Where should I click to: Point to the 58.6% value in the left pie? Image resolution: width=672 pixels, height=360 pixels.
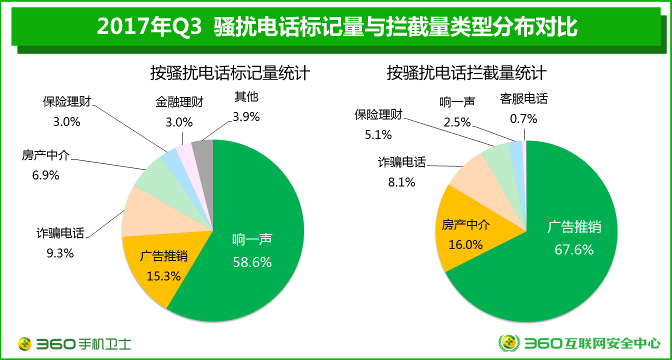tap(252, 261)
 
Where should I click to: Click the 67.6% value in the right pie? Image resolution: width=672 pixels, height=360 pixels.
tap(574, 249)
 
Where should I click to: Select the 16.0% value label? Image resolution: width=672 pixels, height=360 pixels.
tap(465, 244)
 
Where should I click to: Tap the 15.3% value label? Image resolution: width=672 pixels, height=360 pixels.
tap(163, 275)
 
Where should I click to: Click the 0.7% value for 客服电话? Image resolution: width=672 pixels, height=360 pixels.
tap(523, 118)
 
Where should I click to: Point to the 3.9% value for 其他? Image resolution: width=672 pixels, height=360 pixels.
tap(246, 116)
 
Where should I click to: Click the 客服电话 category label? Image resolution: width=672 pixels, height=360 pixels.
tap(523, 98)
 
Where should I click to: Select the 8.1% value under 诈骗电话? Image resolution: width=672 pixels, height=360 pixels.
tap(402, 182)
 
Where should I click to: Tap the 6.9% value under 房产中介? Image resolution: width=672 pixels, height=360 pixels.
tap(46, 175)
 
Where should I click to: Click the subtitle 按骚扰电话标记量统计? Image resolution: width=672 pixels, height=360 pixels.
tap(230, 73)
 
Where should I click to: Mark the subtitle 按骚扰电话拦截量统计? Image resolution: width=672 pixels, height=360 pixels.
tap(466, 73)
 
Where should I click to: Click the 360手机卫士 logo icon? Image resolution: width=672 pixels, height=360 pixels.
tap(24, 343)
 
